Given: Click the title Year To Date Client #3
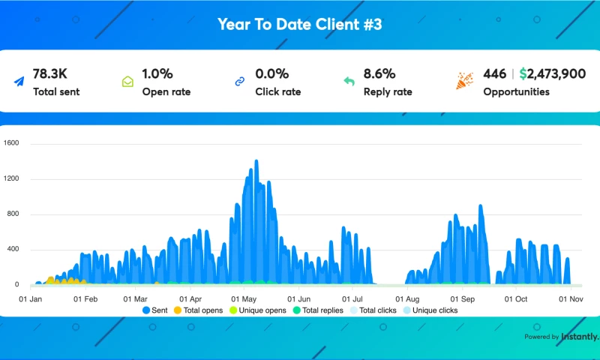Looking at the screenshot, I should coord(300,25).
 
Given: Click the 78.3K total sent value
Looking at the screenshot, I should coord(50,73).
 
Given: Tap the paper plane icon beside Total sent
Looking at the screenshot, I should coord(18,82).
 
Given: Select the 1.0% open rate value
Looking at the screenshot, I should coord(157,73).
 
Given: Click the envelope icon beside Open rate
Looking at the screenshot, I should coord(127,82).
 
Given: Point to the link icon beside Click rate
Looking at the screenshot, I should coord(240,82).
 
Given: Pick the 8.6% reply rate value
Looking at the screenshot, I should coord(379,73).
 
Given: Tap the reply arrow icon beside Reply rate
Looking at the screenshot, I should coord(349,82).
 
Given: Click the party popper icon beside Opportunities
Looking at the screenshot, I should coord(465,81).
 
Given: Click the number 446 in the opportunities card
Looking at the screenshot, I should coord(494,73).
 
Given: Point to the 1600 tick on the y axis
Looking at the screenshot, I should coord(11,143).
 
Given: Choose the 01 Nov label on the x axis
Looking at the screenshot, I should coord(571,298).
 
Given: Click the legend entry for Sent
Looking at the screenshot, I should coord(154,310).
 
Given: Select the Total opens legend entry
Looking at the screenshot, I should coord(198,310).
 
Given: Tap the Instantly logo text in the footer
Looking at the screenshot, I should coord(580,337).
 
